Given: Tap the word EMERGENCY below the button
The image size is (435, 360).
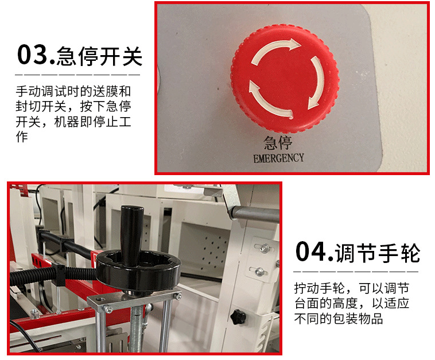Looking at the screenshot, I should pyautogui.click(x=279, y=157).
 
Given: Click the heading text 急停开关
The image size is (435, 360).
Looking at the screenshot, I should pyautogui.click(x=100, y=56).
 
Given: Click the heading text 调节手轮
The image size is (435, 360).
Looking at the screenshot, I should pyautogui.click(x=379, y=253).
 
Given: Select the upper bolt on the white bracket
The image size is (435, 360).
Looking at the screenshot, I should pyautogui.click(x=264, y=248).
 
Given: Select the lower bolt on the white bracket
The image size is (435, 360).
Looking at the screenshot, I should pyautogui.click(x=260, y=272).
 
